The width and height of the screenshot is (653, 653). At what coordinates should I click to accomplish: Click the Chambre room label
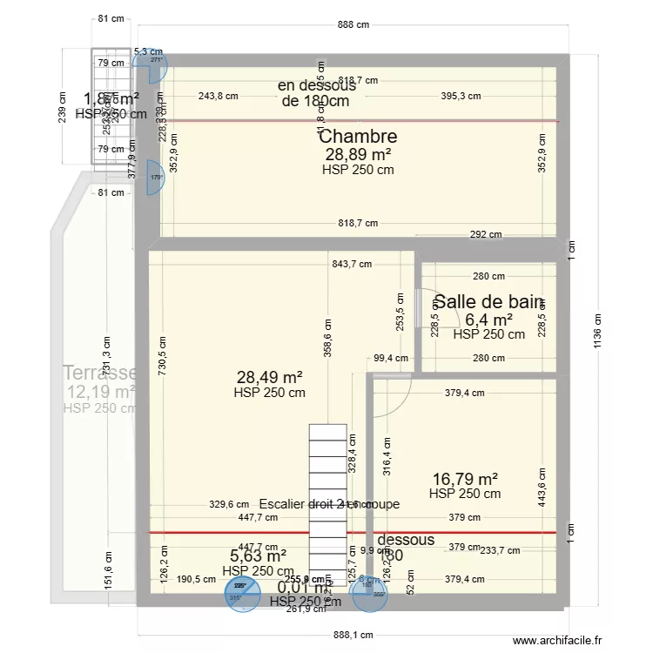358,137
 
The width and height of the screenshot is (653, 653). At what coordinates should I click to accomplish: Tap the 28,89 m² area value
358,154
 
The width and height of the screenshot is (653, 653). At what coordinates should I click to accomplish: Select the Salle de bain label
488,302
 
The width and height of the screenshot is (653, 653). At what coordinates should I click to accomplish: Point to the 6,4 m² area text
488,320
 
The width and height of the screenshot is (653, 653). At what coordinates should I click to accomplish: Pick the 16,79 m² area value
465,478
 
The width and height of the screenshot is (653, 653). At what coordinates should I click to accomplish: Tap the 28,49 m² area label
269,377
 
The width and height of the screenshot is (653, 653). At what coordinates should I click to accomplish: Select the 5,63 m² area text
258,555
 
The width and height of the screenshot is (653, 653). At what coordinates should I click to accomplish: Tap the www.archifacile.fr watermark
557,641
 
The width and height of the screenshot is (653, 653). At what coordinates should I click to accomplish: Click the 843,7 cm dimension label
352,264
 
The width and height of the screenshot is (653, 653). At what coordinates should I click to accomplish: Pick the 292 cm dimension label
484,234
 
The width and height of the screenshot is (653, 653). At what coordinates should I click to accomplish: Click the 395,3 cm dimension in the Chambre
461,97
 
